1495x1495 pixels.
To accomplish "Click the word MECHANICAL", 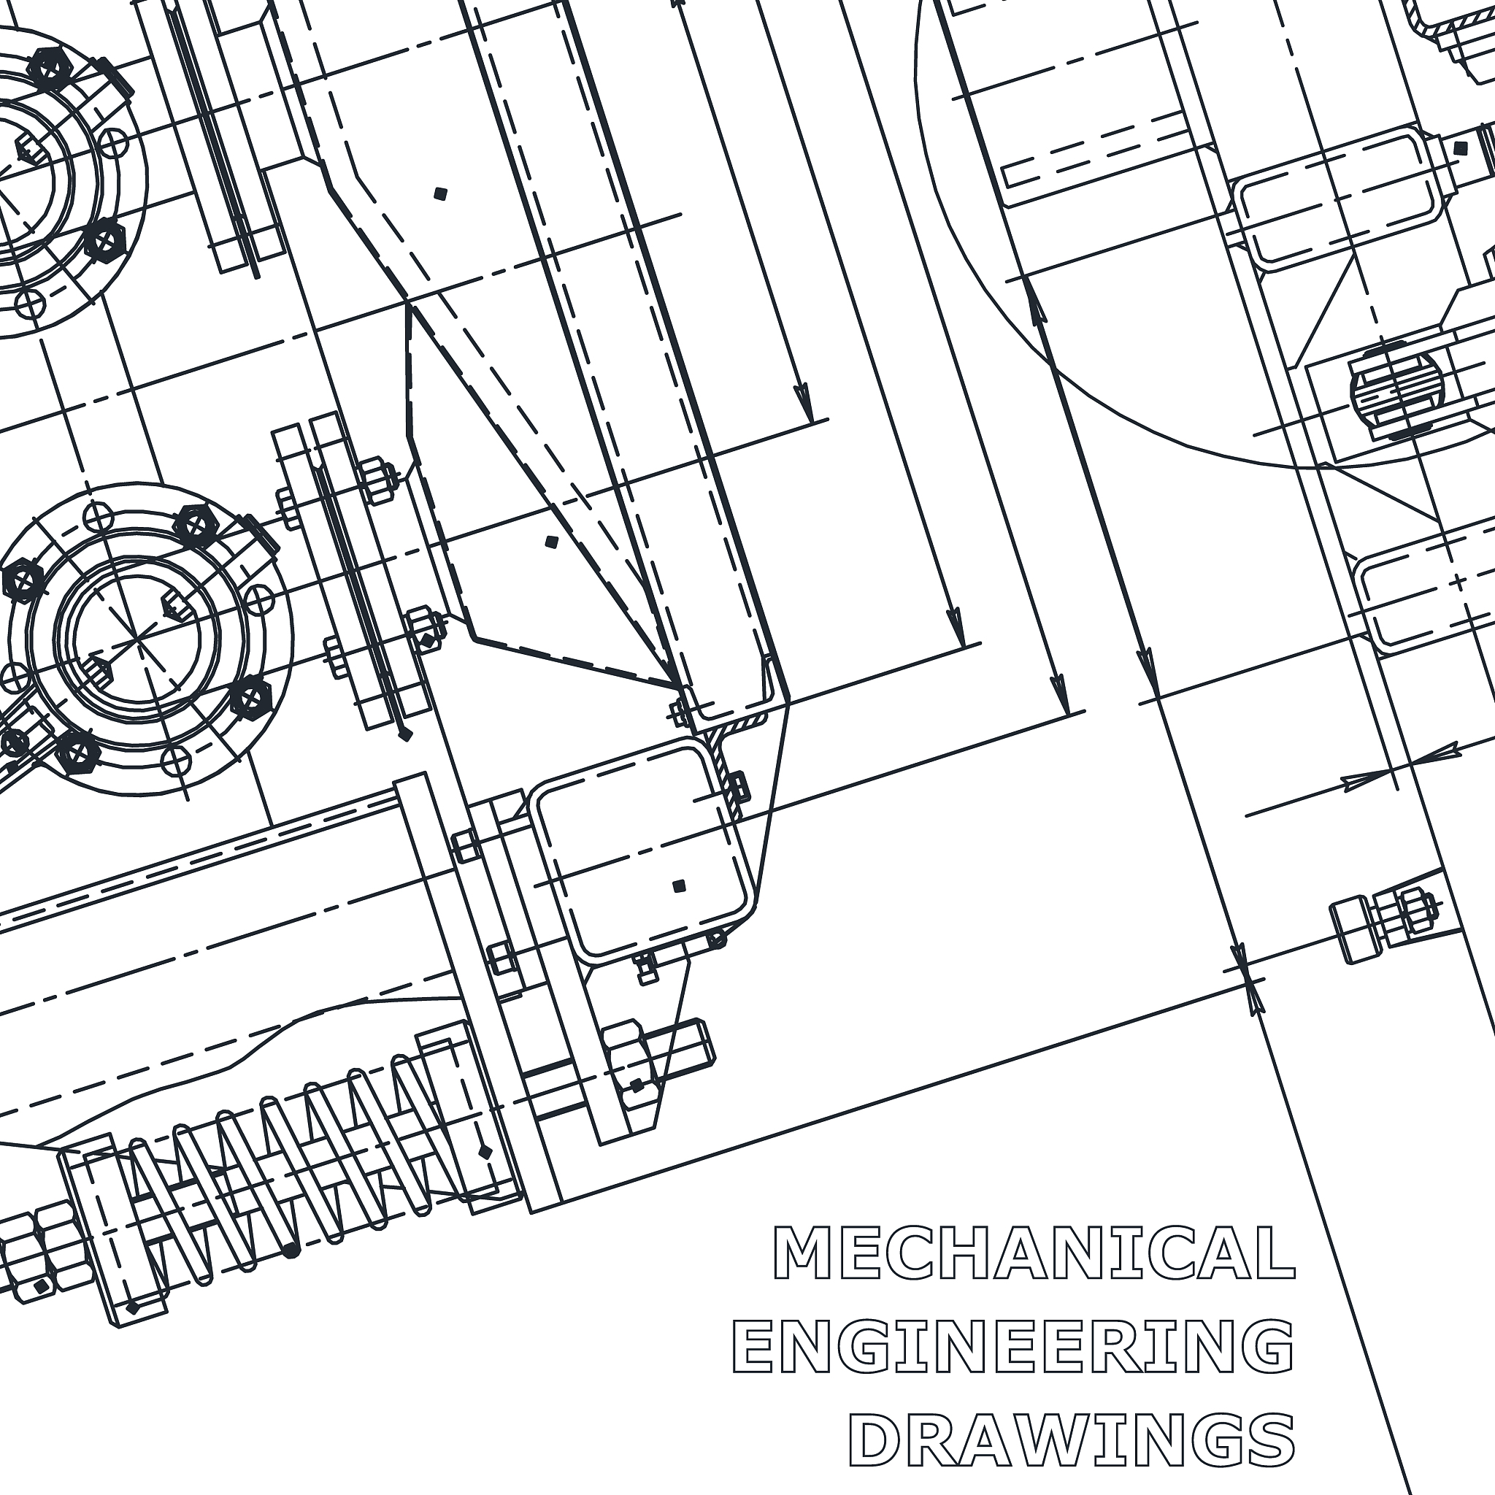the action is (1034, 1253).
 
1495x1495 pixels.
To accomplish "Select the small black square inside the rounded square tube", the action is (680, 886).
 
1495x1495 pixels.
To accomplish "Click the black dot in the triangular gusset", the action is (551, 542).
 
